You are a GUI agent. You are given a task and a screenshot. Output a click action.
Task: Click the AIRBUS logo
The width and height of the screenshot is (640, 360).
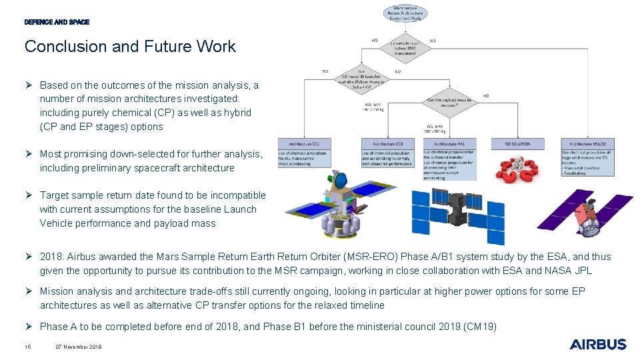point(598,344)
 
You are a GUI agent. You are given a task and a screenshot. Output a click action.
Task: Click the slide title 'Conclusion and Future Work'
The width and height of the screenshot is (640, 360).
point(130,47)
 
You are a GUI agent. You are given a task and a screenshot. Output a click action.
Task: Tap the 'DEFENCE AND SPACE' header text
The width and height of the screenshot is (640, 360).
point(57,22)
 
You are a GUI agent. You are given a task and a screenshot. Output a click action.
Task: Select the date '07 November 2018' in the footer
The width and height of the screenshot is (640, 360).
point(79,347)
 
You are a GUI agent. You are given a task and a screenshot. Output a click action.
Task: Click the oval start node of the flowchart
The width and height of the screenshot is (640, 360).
point(405,13)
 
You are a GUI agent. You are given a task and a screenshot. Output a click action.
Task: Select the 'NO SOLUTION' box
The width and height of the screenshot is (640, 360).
point(517,143)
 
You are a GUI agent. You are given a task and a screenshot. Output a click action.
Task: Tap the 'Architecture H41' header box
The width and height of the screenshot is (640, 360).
point(449,143)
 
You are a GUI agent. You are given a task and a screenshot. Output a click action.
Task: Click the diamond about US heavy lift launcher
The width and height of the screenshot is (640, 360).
point(363,77)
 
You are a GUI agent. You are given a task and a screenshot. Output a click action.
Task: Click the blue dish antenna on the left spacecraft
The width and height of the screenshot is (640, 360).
point(339,180)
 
